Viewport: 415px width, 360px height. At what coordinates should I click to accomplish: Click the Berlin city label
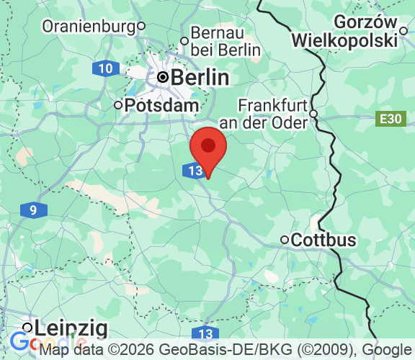tap(201, 77)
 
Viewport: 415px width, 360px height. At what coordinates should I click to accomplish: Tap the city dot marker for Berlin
tap(163, 77)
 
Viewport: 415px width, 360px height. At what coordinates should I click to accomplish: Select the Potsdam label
tap(161, 105)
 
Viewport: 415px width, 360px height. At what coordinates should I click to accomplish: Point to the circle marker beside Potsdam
tap(119, 105)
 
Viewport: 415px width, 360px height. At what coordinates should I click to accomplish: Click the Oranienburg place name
tap(89, 27)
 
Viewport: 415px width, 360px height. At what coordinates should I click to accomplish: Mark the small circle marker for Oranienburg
tap(142, 27)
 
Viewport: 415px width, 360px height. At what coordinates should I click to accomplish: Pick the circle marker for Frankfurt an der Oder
tap(313, 113)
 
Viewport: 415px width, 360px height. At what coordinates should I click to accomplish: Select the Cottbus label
tap(323, 240)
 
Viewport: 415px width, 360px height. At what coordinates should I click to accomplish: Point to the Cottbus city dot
tap(285, 240)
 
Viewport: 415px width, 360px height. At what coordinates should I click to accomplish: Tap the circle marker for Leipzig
tap(27, 328)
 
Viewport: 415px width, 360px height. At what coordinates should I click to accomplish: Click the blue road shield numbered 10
tap(106, 69)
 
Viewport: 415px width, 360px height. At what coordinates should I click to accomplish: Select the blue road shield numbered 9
tap(34, 211)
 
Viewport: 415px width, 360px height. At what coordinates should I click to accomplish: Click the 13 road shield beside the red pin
tap(193, 171)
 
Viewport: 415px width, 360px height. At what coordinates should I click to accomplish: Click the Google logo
tap(22, 344)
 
